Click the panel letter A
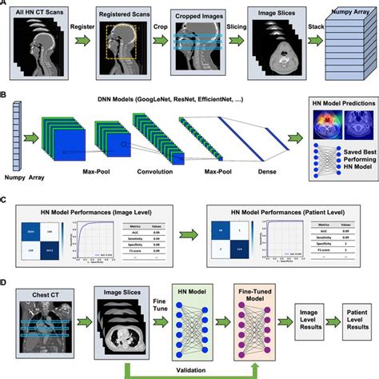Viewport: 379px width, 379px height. coord(5,5)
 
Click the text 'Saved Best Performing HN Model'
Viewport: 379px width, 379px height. coord(346,176)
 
